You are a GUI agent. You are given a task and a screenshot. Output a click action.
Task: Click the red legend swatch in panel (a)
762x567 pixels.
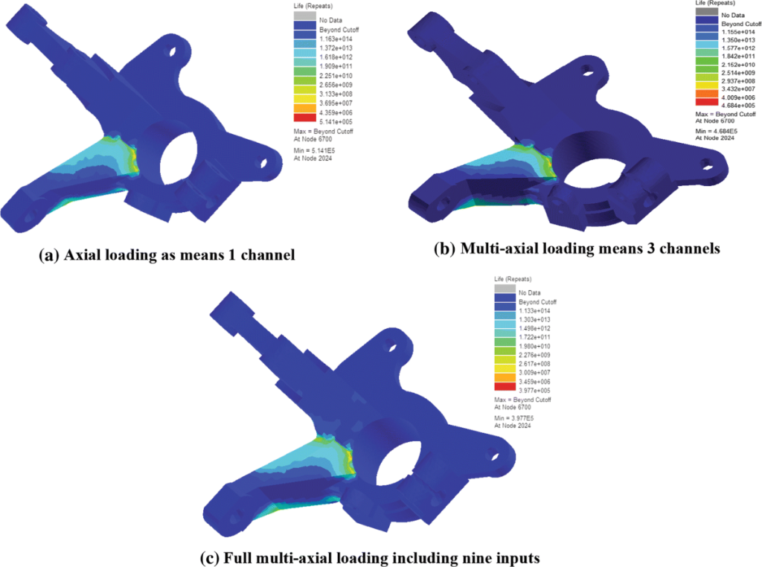pos(304,117)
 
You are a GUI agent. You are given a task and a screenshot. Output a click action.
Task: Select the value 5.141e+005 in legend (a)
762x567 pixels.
pos(336,122)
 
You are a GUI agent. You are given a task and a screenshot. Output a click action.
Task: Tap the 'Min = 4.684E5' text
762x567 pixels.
pos(717,131)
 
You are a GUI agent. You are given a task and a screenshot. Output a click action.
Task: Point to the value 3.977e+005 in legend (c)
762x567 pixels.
pos(534,391)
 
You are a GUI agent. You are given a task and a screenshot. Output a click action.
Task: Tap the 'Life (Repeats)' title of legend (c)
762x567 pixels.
pos(513,279)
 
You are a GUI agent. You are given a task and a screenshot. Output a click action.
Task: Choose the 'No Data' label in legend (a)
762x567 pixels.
pos(330,20)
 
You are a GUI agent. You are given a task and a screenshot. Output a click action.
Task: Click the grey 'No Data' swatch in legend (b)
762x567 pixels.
pos(707,12)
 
